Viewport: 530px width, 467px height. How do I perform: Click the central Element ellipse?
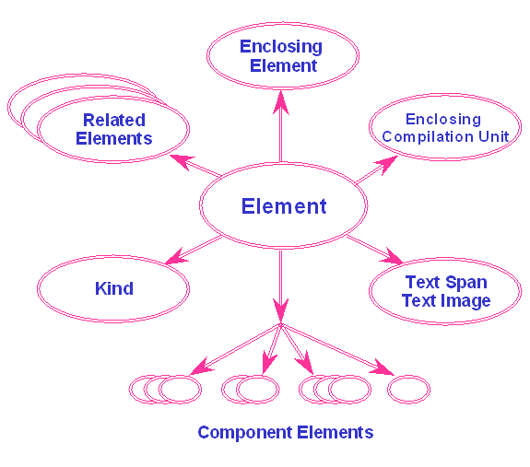(x=283, y=206)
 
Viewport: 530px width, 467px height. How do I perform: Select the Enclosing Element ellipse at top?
(x=280, y=56)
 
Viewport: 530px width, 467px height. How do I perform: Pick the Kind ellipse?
(x=113, y=289)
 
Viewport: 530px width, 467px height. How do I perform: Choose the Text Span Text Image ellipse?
(x=445, y=292)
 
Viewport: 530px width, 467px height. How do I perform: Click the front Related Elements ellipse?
(x=113, y=130)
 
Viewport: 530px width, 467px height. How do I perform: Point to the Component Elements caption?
(x=285, y=432)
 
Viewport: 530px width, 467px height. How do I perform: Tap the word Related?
(x=113, y=121)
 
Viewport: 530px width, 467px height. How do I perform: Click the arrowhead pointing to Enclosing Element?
(x=280, y=99)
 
